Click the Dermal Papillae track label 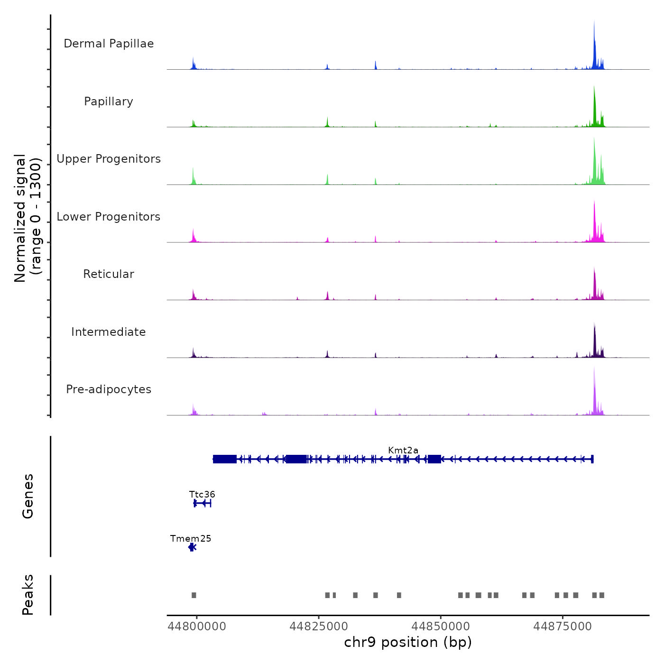(109, 44)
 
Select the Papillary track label (109, 101)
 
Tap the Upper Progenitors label (109, 159)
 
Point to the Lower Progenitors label (109, 217)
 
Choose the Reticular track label (109, 274)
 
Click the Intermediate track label (109, 332)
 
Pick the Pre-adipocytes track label (109, 389)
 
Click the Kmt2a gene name (403, 450)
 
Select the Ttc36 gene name (202, 494)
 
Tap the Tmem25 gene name (191, 538)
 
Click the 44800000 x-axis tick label (197, 627)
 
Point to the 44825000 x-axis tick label (319, 627)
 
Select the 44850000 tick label (441, 627)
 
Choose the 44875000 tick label (563, 627)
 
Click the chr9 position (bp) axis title (408, 642)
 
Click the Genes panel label (28, 496)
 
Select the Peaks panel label (28, 595)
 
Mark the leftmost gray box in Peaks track (194, 595)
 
